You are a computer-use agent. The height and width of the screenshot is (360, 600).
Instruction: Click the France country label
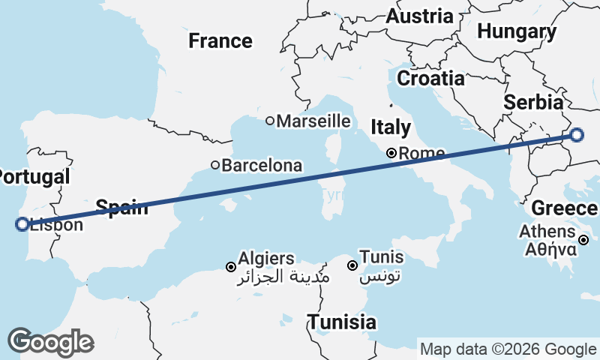coord(220,40)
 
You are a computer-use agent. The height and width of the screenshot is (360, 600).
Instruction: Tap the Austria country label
coord(420,16)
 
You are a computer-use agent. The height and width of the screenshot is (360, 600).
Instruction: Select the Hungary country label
coord(517,32)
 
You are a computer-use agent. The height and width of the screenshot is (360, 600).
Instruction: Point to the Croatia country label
coord(430,78)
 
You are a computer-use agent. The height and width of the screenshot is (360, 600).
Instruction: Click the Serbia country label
coord(533,103)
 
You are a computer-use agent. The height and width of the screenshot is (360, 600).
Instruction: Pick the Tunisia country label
coord(342,322)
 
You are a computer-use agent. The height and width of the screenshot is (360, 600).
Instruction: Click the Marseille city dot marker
coord(270,121)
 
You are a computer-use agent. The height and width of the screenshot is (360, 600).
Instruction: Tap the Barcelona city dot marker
coord(215,165)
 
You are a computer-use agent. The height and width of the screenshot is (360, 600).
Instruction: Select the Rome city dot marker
coord(391,153)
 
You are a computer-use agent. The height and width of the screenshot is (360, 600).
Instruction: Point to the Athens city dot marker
coord(583,240)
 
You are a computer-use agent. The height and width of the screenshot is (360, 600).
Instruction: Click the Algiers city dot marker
coord(231,266)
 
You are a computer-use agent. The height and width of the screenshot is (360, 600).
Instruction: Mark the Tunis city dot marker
coord(352,265)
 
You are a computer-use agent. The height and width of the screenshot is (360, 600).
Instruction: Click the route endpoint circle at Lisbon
coord(22,223)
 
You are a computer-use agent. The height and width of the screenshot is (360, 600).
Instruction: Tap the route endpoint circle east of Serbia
coord(576,135)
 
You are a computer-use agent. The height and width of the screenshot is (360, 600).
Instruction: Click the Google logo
coord(50,342)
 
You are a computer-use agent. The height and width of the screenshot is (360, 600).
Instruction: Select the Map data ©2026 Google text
coord(507,349)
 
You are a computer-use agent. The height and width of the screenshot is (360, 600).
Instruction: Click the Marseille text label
coord(313,121)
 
